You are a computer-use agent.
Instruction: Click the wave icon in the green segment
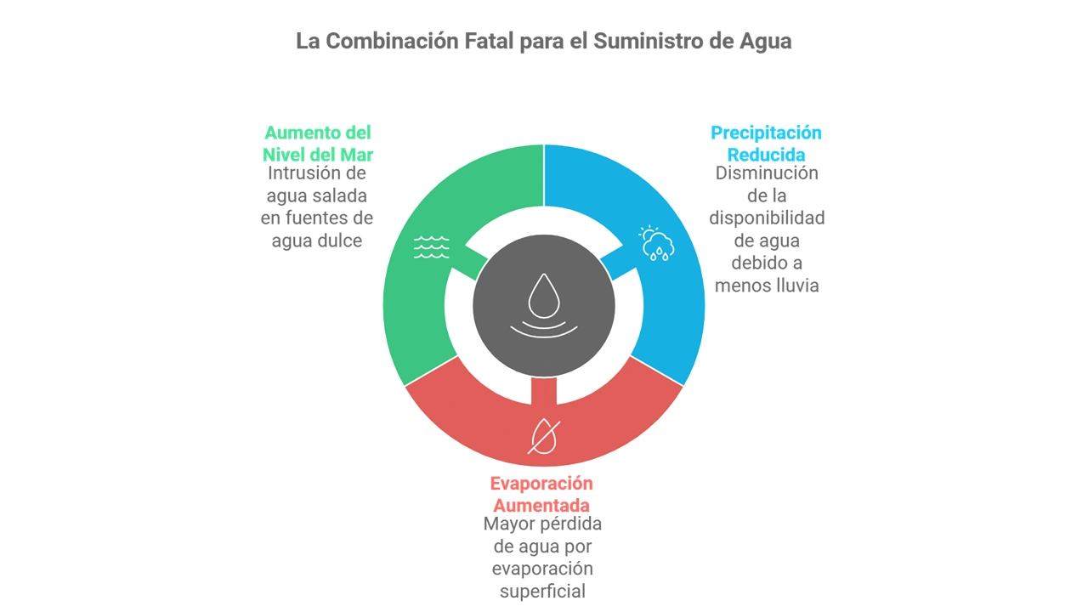click(x=431, y=247)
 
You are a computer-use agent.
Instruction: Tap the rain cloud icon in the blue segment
click(x=658, y=243)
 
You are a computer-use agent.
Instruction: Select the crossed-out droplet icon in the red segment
click(x=544, y=436)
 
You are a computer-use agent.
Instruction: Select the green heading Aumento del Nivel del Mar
click(x=318, y=144)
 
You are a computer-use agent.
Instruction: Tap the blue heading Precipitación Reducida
click(x=766, y=144)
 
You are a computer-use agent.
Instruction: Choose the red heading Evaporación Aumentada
click(x=541, y=494)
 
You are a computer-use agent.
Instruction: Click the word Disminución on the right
click(x=766, y=173)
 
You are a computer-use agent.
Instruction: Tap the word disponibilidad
click(x=767, y=218)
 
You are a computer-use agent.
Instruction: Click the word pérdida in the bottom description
click(x=569, y=523)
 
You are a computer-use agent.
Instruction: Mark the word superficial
click(x=542, y=591)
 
